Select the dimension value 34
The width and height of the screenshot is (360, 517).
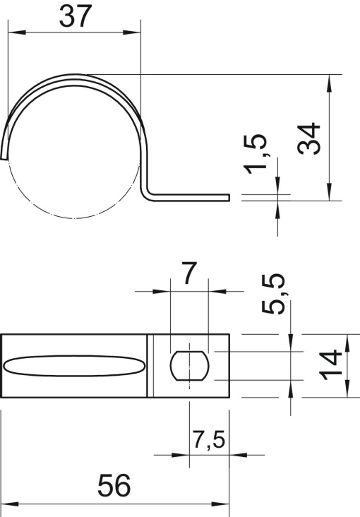[x=310, y=138]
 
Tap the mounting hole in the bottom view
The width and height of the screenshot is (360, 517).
[x=189, y=365]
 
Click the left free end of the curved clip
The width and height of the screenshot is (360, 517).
[x=6, y=155]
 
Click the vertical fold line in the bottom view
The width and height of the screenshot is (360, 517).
[x=150, y=365]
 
